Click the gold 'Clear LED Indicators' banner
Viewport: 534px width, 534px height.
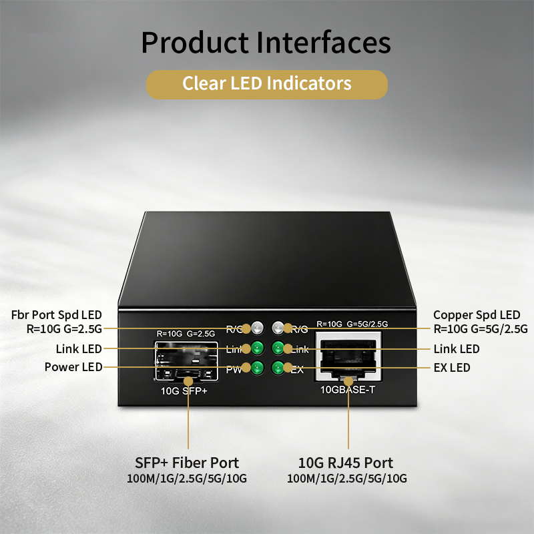266,85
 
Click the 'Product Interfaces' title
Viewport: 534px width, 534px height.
266,43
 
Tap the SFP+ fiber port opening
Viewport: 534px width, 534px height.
186,360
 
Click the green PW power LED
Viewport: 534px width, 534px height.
258,368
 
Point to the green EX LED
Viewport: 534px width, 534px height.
278,368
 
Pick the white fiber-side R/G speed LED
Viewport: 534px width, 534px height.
258,327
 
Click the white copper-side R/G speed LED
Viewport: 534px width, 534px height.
278,327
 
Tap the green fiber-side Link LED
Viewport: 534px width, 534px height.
258,348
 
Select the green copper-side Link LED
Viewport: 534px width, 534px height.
278,348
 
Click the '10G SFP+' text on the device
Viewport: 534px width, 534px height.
184,390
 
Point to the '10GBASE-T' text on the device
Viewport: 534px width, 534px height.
348,390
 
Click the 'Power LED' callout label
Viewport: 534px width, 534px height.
73,366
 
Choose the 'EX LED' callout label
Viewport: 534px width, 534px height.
452,368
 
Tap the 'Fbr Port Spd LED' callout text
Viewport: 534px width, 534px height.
57,315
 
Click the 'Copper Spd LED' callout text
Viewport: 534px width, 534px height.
477,315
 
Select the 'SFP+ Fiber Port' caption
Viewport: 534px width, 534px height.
187,463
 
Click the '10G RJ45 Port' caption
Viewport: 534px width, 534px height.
346,463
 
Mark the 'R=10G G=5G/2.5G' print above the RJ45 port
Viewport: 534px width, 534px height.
352,324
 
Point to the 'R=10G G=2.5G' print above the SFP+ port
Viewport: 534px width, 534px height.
186,333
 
